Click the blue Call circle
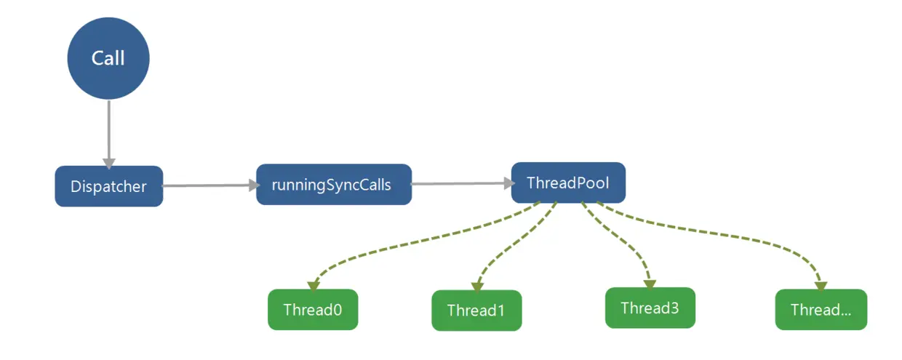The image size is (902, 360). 108,58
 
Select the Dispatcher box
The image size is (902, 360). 109,186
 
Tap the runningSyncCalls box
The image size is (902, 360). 334,185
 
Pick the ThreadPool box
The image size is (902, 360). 568,183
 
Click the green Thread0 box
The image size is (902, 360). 313,310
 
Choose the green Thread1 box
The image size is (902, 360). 476,311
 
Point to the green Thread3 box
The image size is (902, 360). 650,308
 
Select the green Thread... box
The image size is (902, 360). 821,310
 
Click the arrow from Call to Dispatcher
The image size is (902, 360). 108,134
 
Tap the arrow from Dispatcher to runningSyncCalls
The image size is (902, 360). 210,185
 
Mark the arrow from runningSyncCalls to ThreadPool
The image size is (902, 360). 463,183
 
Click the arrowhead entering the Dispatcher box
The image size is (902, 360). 108,164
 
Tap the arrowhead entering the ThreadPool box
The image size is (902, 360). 510,183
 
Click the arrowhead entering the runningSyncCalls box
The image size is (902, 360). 255,185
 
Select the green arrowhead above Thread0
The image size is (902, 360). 314,286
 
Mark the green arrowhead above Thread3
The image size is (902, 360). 650,284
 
